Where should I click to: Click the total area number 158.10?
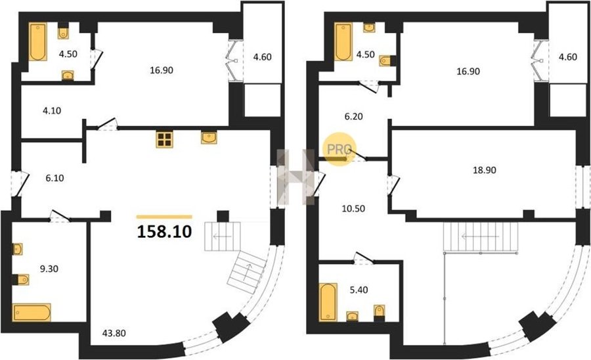[165, 231]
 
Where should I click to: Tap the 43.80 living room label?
[114, 333]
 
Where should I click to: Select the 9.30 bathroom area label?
[49, 269]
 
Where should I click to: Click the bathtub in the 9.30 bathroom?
[32, 313]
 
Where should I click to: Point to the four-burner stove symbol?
[164, 139]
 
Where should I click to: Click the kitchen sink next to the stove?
[209, 137]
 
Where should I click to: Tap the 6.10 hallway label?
[55, 178]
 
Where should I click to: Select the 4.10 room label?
[52, 111]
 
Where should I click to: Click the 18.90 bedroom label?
[485, 170]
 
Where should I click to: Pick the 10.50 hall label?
[353, 208]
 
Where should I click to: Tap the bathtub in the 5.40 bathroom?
[328, 302]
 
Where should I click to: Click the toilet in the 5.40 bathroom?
[379, 312]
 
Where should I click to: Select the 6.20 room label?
[353, 117]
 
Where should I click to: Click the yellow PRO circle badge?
[339, 149]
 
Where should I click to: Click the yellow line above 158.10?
[164, 217]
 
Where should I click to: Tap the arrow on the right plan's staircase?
[481, 236]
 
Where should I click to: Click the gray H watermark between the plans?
[296, 177]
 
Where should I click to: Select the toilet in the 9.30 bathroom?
[21, 279]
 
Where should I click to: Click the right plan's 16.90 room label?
[468, 71]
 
